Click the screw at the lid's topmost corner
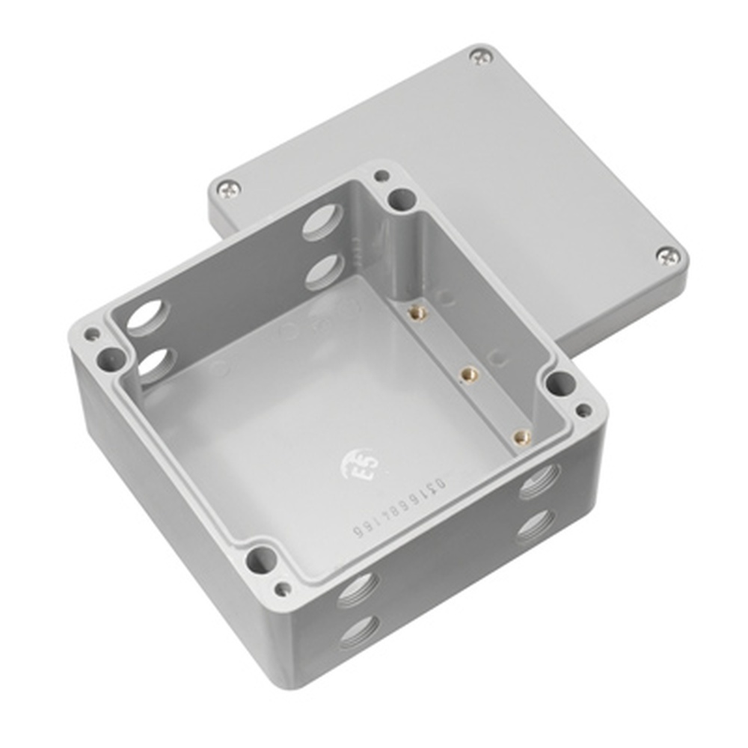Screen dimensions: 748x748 pos(481,55)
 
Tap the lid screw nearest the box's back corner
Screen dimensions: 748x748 pos(228,188)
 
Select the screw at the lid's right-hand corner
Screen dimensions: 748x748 pos(668,256)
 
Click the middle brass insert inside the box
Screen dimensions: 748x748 pos(468,372)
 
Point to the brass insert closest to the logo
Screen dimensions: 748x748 pos(518,435)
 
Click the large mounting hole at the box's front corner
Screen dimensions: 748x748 pos(260,558)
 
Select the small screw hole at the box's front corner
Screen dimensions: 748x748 pos(282,589)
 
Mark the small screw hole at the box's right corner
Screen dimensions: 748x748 pos(583,410)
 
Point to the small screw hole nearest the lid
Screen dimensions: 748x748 pos(381,177)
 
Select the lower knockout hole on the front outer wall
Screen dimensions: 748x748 pos(358,634)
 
